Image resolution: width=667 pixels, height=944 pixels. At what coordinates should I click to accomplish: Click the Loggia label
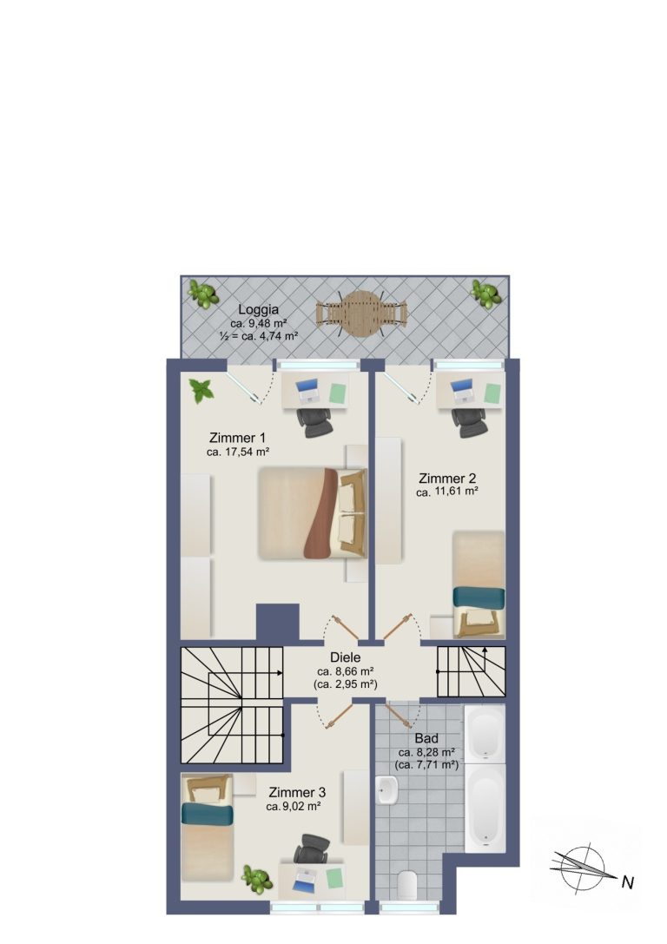(258, 310)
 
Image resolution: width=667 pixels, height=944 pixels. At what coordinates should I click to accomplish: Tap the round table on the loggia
(360, 314)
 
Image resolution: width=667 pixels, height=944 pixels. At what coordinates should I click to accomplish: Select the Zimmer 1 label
(237, 438)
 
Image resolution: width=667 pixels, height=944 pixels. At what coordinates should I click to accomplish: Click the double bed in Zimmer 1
(313, 513)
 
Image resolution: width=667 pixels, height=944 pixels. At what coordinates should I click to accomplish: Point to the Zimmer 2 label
(447, 479)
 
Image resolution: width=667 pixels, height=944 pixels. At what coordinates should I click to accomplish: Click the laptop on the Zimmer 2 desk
(463, 392)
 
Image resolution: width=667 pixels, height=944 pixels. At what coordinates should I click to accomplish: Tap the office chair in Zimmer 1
(314, 423)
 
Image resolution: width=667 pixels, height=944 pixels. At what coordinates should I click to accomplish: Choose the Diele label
(346, 658)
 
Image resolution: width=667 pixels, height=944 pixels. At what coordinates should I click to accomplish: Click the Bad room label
(426, 739)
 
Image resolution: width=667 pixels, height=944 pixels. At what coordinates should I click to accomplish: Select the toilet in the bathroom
(408, 885)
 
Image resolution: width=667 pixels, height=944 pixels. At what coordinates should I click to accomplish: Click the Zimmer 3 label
(297, 792)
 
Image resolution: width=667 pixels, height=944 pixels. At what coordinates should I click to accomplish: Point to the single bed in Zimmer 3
(207, 826)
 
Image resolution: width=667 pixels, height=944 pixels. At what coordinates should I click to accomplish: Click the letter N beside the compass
(628, 883)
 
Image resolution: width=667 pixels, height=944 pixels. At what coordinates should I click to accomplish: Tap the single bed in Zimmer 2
(479, 584)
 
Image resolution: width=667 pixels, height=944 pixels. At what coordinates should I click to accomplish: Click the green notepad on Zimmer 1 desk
(340, 393)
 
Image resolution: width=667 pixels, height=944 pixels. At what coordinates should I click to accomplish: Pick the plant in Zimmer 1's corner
(201, 391)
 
